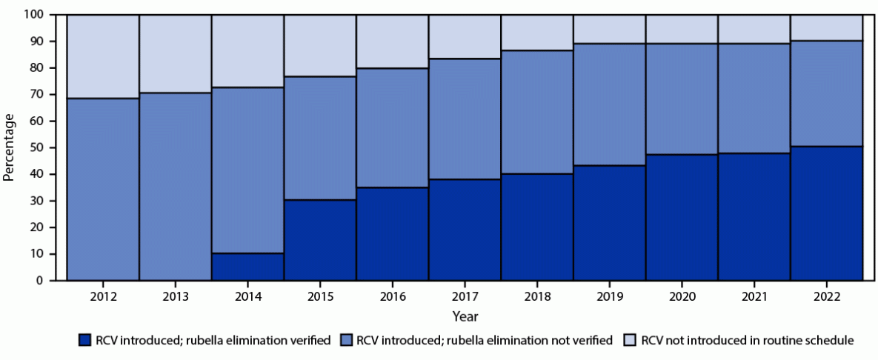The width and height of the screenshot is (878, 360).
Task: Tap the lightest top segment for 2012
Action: click(103, 56)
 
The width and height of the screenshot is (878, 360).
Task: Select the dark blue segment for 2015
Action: click(320, 241)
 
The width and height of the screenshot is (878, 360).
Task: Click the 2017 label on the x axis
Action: click(465, 296)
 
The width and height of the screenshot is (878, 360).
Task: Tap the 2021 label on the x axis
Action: click(754, 296)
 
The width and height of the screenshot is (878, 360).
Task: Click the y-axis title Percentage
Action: click(10, 147)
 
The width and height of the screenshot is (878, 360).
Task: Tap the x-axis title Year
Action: click(465, 316)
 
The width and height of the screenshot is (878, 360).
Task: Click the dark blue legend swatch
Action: click(84, 341)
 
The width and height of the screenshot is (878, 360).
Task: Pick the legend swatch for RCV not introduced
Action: click(628, 341)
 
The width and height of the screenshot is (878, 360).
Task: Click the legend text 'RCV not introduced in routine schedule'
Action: click(748, 341)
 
